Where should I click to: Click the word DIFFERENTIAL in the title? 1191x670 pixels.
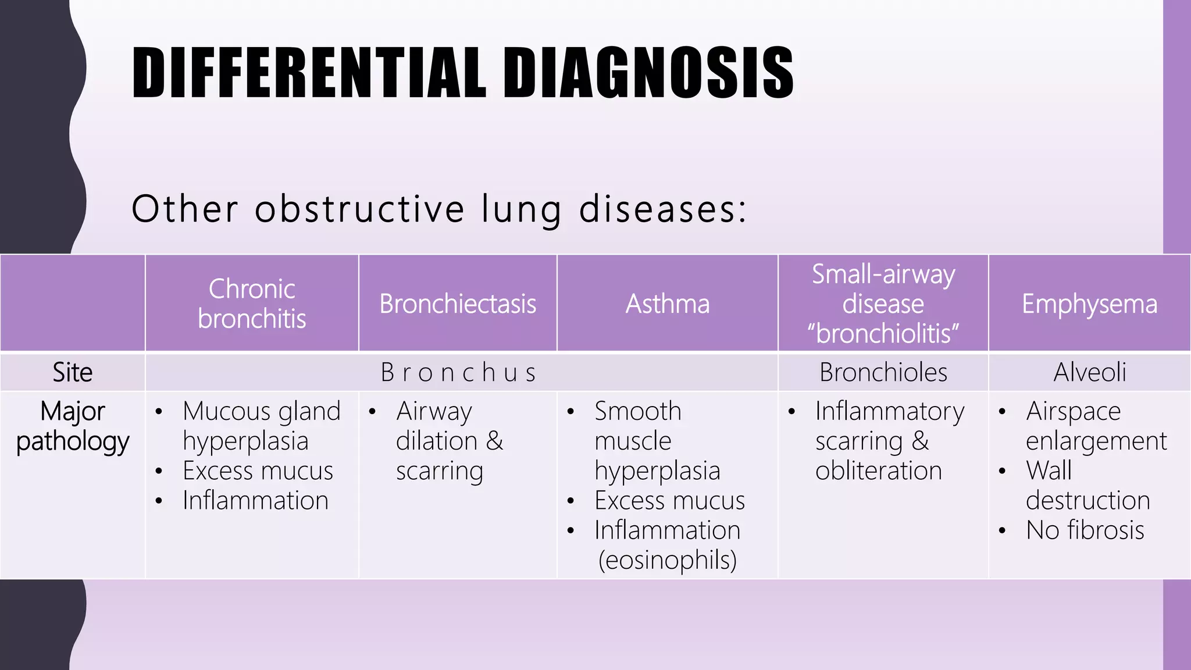click(x=308, y=73)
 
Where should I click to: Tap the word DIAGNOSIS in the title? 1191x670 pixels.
click(x=648, y=73)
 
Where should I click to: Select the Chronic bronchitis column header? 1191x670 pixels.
click(x=252, y=304)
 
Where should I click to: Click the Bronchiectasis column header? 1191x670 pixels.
click(x=458, y=304)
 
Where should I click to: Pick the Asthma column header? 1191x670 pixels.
click(x=668, y=304)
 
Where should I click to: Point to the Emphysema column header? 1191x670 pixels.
click(x=1089, y=304)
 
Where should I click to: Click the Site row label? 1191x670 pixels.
click(x=72, y=372)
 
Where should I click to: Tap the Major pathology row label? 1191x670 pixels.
click(x=72, y=426)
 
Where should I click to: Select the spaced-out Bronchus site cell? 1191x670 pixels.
click(x=458, y=372)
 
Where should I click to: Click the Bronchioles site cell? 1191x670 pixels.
click(x=883, y=372)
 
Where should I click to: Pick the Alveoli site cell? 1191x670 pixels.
click(x=1089, y=372)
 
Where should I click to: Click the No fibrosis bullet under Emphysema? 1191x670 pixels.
click(x=1085, y=530)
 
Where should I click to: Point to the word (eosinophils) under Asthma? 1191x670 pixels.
click(x=668, y=560)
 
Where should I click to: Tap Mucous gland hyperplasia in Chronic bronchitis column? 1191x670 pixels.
click(x=261, y=426)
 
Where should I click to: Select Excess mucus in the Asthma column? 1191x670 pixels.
click(x=669, y=500)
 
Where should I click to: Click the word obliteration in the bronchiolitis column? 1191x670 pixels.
click(x=878, y=471)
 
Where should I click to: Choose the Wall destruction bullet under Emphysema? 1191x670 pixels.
click(x=1087, y=486)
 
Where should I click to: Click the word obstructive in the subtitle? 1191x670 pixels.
click(x=359, y=209)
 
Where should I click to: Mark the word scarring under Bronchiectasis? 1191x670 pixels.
click(x=439, y=471)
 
